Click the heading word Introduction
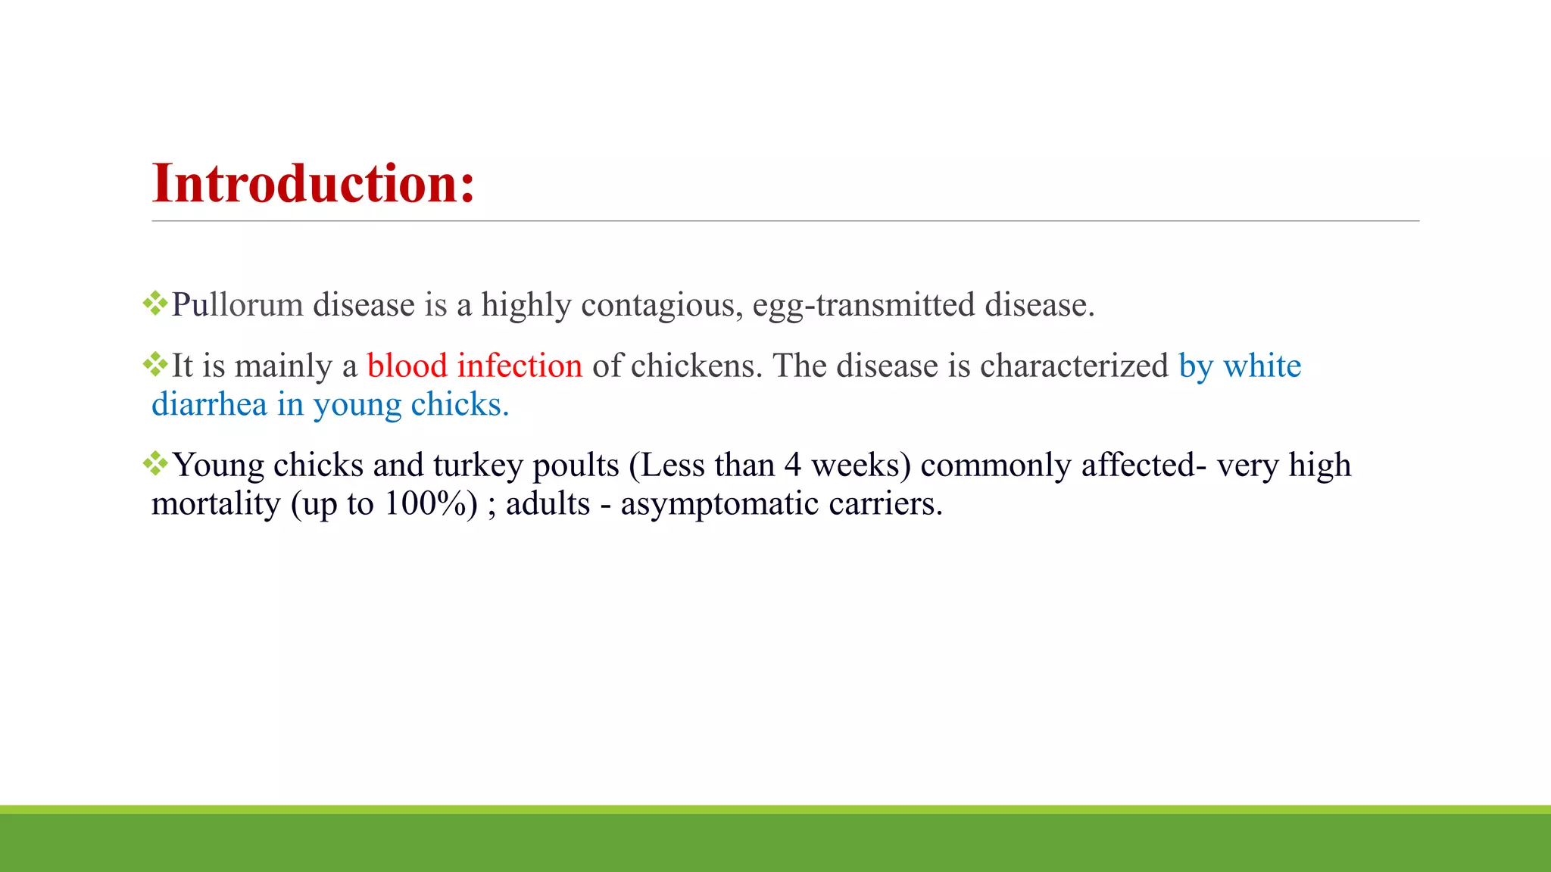(313, 184)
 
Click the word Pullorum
(237, 305)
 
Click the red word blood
(407, 366)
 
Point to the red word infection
(520, 366)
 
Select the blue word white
(1262, 366)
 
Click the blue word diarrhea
(209, 405)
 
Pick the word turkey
(478, 466)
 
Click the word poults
(576, 466)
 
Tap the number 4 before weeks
(792, 466)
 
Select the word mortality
(216, 504)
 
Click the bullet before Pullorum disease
(155, 304)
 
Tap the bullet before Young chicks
(155, 463)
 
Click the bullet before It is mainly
(155, 364)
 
